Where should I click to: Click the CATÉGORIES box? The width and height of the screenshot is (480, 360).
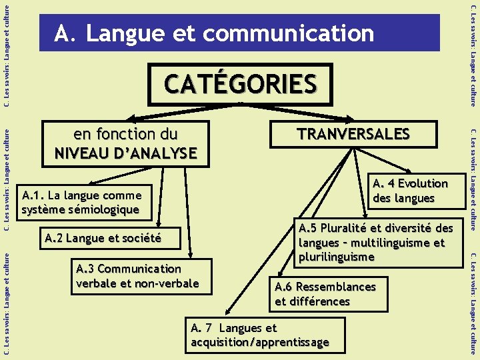tap(240, 84)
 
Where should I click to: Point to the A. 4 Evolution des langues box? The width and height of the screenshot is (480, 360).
tap(410, 191)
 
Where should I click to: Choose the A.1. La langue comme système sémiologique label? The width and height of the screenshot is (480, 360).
tap(82, 203)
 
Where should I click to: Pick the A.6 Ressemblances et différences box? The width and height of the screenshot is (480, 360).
tap(325, 294)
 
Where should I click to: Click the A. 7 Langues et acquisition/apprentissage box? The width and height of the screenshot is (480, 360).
tap(265, 335)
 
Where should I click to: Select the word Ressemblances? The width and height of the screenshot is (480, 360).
tap(335, 287)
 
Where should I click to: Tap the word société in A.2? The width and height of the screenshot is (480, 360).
tap(139, 239)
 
